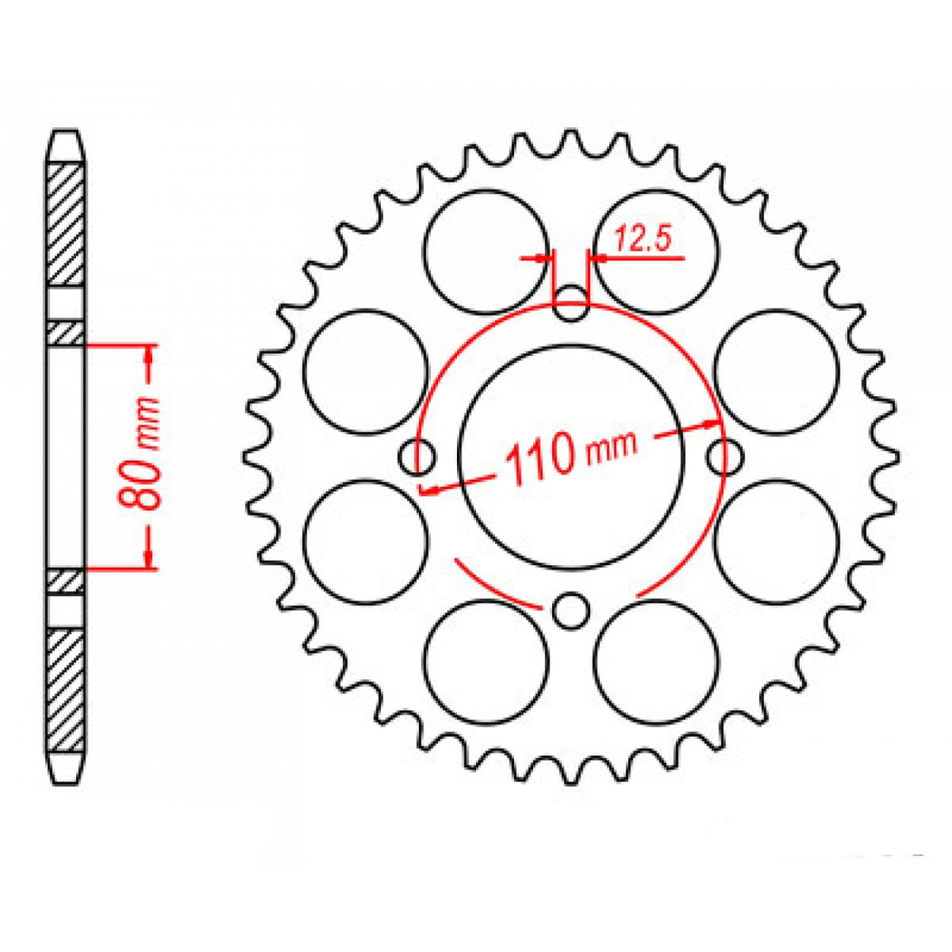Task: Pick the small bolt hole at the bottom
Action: click(570, 611)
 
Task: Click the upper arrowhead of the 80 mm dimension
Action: click(149, 356)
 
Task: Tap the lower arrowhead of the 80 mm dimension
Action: click(149, 559)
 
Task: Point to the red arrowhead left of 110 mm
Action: click(429, 489)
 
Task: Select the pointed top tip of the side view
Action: click(66, 132)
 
